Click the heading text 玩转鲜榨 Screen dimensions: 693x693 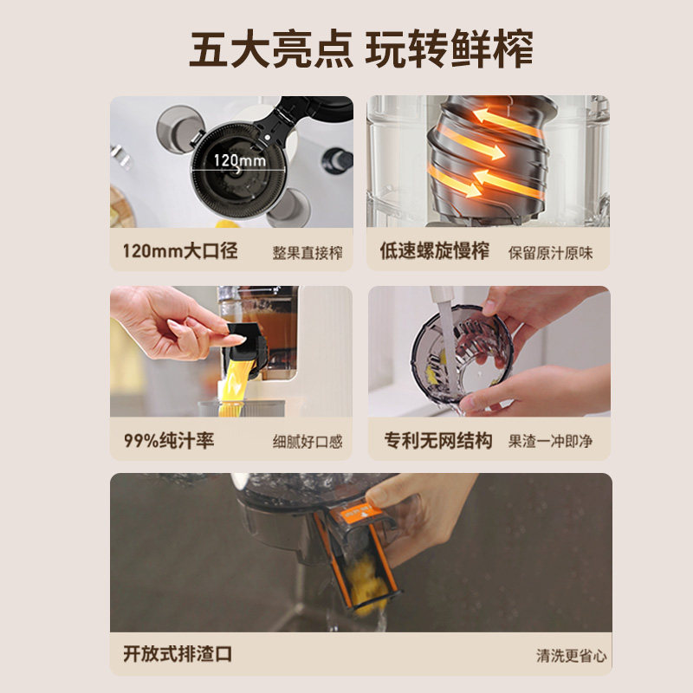[449, 49]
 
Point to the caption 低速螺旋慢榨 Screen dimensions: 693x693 [435, 252]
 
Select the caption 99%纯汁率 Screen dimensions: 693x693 [168, 441]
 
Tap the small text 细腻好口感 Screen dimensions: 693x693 [308, 442]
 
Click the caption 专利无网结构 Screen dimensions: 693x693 [438, 441]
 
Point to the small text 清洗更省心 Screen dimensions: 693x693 [571, 656]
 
